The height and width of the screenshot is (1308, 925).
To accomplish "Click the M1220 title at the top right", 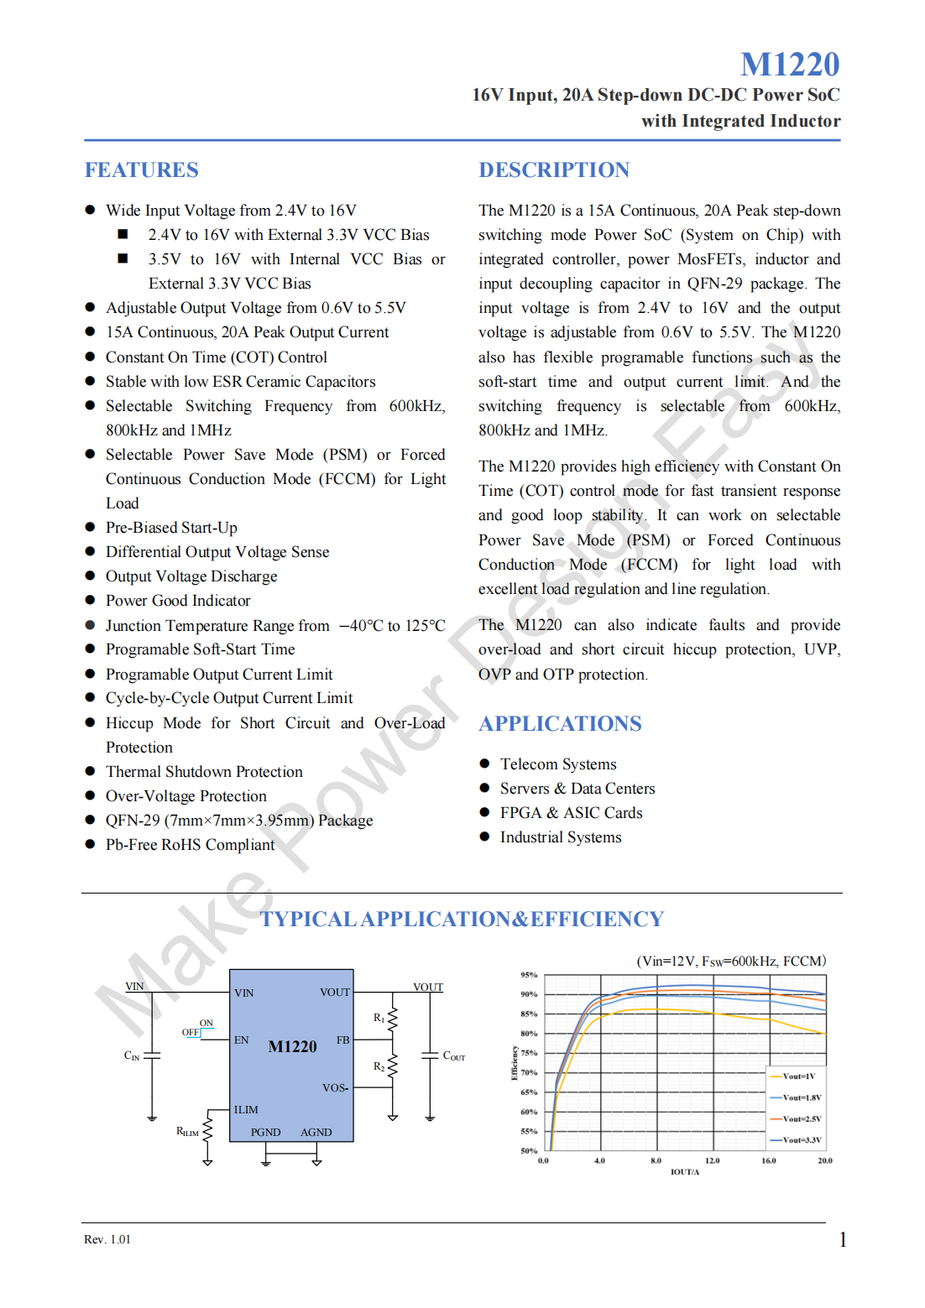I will click(x=789, y=64).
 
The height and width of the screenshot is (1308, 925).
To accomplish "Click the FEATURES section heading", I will click(x=141, y=170).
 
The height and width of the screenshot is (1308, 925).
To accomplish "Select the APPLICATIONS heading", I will click(x=560, y=723).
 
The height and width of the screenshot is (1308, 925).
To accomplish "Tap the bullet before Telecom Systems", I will click(x=484, y=763).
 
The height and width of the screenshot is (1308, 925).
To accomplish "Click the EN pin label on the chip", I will click(x=241, y=1040).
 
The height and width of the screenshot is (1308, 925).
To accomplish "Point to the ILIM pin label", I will click(x=246, y=1109).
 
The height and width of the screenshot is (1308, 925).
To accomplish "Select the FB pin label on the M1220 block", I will click(x=342, y=1040).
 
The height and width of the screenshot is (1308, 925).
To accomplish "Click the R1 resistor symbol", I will click(x=392, y=1019).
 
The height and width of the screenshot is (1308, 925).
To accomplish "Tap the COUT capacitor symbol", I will click(x=430, y=1055).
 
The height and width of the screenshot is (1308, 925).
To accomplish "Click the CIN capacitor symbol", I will click(x=152, y=1055).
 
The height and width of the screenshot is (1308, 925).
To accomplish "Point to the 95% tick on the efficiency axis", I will click(x=529, y=975).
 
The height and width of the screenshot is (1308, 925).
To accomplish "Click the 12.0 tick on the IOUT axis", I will click(x=712, y=1161).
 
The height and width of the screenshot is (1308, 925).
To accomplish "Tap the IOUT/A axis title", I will click(x=684, y=1172).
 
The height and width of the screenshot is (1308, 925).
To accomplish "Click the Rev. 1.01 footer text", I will click(x=107, y=1239).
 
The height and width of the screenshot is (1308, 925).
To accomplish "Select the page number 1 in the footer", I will click(x=842, y=1239).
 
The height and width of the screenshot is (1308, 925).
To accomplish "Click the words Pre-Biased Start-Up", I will click(x=171, y=528).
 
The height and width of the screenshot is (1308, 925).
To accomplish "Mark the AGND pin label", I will click(x=316, y=1132).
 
